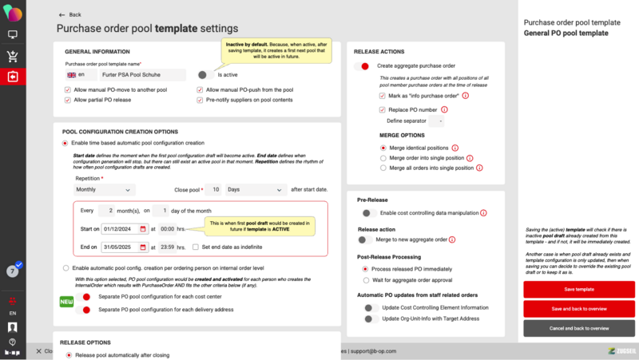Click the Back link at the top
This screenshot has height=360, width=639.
click(70, 14)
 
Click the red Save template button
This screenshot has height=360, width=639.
click(579, 289)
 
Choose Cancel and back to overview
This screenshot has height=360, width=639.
click(579, 328)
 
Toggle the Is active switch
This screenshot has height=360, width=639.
click(204, 74)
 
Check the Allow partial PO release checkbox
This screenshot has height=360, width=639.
click(67, 101)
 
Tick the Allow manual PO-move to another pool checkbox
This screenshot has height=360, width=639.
click(67, 90)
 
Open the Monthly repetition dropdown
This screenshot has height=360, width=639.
click(104, 190)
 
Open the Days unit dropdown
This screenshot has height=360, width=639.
click(255, 190)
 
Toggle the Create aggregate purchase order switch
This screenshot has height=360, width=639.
click(363, 65)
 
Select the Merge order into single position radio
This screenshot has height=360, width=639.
click(383, 158)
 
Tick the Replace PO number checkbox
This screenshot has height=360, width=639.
click(383, 109)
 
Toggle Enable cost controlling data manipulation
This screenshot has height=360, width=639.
click(368, 213)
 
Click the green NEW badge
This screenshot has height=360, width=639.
click(68, 302)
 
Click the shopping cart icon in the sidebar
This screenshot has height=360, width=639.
click(13, 56)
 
